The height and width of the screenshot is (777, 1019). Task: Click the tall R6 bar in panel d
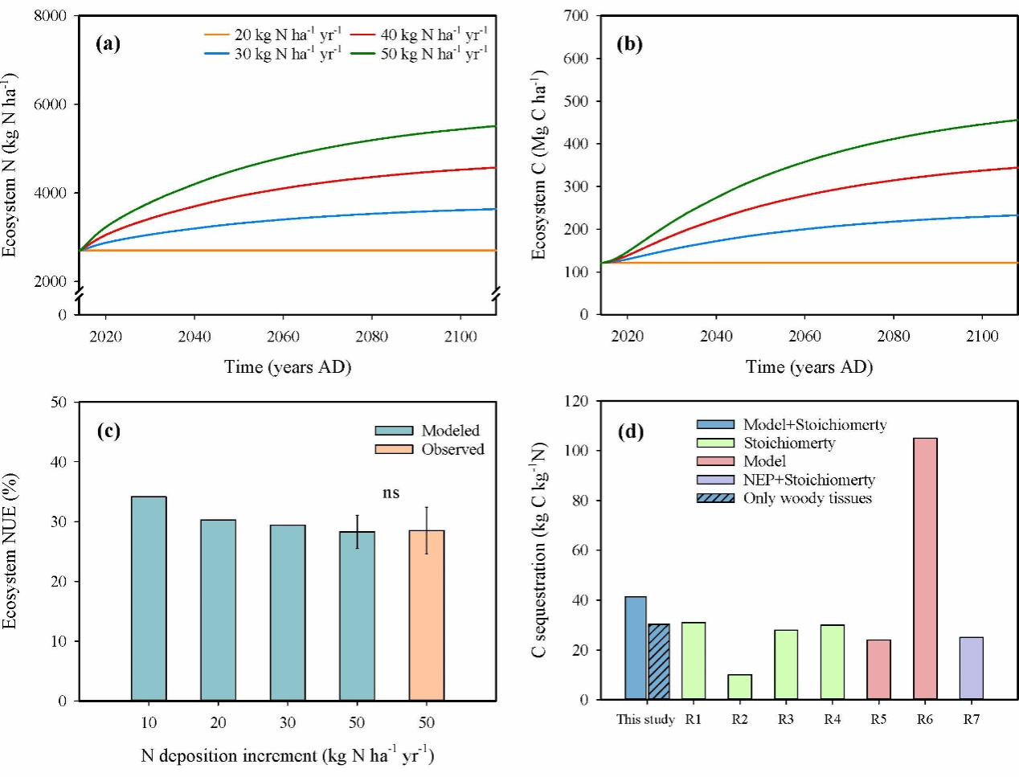click(925, 568)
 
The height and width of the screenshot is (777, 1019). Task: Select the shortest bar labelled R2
click(739, 687)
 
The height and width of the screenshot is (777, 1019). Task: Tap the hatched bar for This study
click(659, 661)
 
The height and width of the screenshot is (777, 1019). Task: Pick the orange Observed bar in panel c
click(427, 615)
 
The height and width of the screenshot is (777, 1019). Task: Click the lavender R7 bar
click(971, 668)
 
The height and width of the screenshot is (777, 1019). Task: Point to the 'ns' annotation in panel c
click(391, 493)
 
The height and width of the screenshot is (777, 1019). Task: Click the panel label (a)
click(108, 43)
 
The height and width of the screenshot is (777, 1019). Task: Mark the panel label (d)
click(630, 431)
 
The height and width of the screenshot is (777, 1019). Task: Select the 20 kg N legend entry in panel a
click(273, 35)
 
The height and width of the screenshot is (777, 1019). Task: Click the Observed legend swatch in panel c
click(394, 449)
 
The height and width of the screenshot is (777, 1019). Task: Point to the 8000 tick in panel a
click(50, 16)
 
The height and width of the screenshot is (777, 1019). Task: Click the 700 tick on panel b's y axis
click(576, 16)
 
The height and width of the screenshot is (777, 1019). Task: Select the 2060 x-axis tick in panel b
click(804, 336)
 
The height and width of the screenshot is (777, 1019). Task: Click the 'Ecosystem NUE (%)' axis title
click(10, 551)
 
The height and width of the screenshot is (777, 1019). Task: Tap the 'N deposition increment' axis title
click(287, 755)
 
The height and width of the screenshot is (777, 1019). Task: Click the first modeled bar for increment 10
click(149, 599)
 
